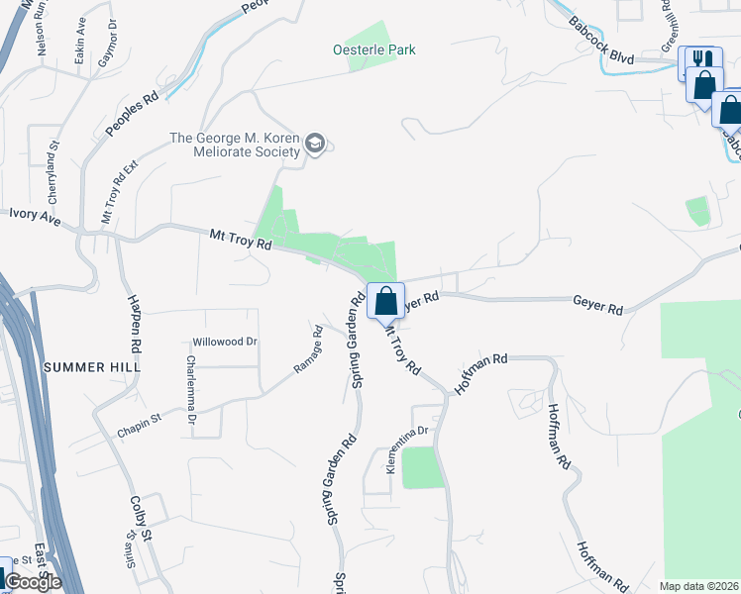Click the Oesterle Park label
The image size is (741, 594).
click(x=374, y=49)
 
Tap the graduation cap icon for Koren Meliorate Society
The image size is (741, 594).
click(x=316, y=144)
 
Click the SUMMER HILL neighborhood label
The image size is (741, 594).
click(x=92, y=366)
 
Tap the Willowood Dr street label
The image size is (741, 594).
click(x=225, y=342)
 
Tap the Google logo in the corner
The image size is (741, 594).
click(x=34, y=581)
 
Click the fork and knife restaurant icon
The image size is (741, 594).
click(x=701, y=60)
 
